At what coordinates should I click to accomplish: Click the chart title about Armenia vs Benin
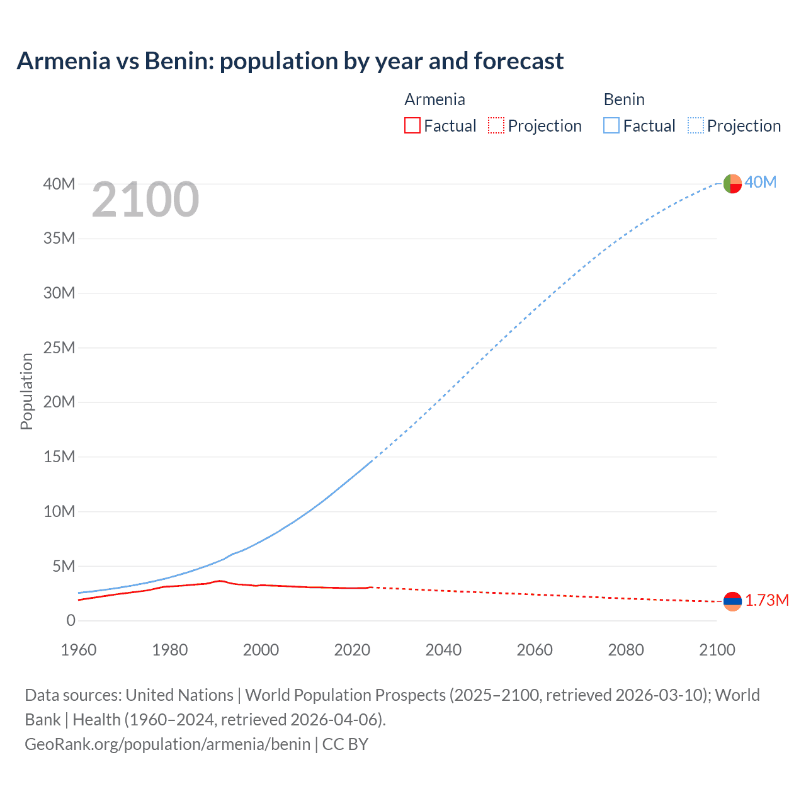pyautogui.click(x=290, y=61)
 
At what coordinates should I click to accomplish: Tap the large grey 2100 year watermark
pyautogui.click(x=145, y=200)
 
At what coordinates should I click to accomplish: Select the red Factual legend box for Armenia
pyautogui.click(x=412, y=125)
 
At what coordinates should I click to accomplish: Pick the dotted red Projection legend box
pyautogui.click(x=496, y=125)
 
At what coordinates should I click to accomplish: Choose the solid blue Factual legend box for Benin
pyautogui.click(x=611, y=125)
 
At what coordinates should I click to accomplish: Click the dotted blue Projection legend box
pyautogui.click(x=696, y=125)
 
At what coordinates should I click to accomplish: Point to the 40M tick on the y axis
pyautogui.click(x=59, y=184)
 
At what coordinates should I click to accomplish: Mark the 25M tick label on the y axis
pyautogui.click(x=59, y=348)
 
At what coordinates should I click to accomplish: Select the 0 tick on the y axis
pyautogui.click(x=71, y=620)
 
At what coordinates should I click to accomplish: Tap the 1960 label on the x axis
pyautogui.click(x=79, y=650)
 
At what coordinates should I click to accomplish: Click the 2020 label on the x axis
pyautogui.click(x=352, y=650)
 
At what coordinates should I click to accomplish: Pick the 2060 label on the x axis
pyautogui.click(x=535, y=650)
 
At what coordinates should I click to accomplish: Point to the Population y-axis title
pyautogui.click(x=26, y=391)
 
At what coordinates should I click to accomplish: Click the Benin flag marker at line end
pyautogui.click(x=732, y=183)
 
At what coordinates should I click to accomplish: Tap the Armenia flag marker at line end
pyautogui.click(x=732, y=601)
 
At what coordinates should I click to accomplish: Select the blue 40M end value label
pyautogui.click(x=761, y=182)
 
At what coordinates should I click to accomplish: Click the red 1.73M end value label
pyautogui.click(x=767, y=600)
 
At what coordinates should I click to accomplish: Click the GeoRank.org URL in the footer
pyautogui.click(x=167, y=744)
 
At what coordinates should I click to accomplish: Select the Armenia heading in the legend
pyautogui.click(x=434, y=99)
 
